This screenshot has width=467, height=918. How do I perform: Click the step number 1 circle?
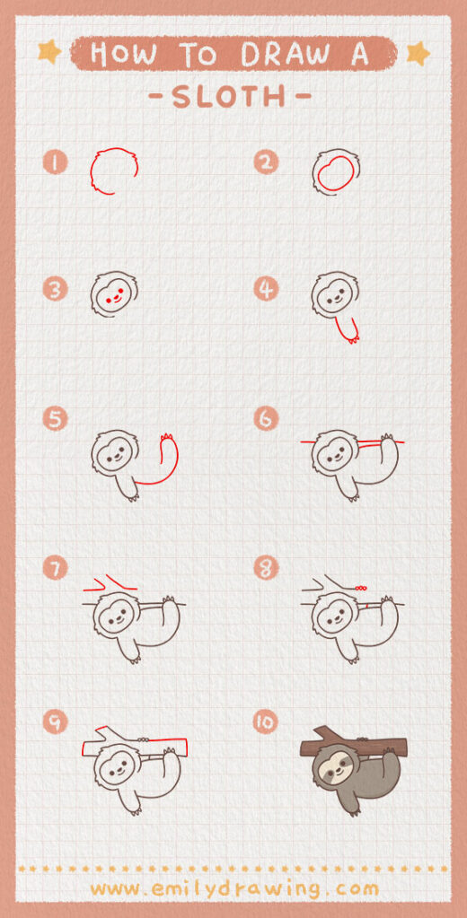(56, 162)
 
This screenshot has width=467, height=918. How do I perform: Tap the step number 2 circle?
(266, 162)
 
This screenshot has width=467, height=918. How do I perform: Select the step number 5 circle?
(56, 418)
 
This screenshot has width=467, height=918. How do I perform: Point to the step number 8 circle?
(266, 569)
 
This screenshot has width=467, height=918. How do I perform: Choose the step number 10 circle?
(266, 721)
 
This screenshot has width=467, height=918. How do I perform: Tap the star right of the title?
(418, 54)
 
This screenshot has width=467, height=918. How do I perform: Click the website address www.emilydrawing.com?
(233, 888)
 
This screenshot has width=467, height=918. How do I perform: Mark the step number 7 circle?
(56, 569)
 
